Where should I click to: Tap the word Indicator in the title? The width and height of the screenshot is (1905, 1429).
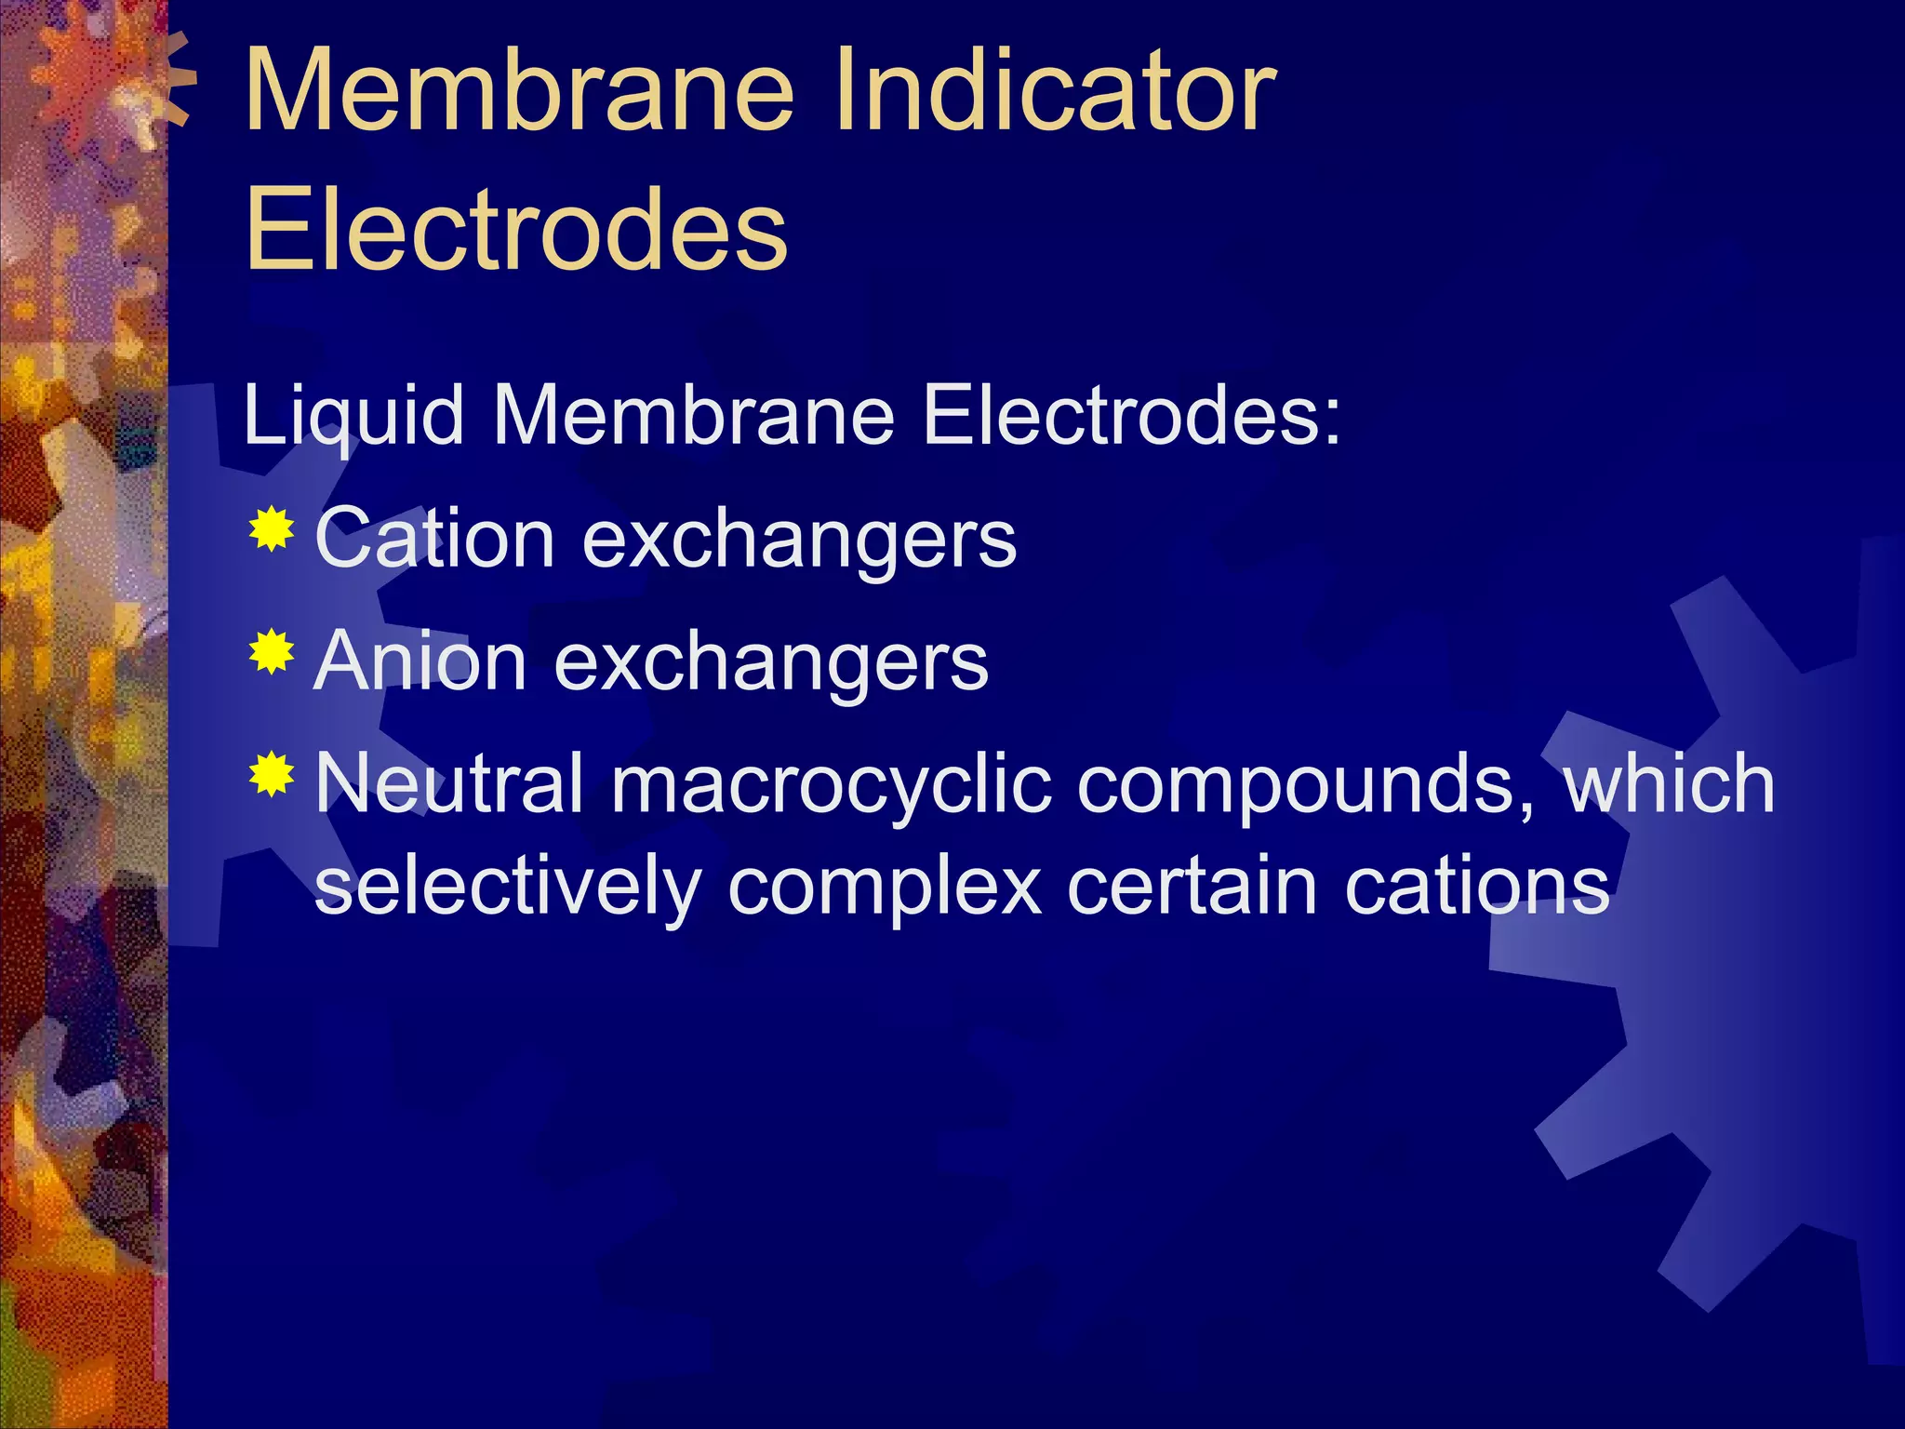pos(1055,90)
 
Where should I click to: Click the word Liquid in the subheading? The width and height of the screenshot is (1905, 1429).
pos(353,416)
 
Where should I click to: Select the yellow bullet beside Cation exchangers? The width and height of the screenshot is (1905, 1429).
pos(272,530)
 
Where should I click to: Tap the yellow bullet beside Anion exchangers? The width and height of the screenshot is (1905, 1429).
pos(272,652)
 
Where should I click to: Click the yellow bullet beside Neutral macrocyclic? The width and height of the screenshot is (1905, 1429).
pos(272,774)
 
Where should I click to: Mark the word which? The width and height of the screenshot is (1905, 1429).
pos(1669,783)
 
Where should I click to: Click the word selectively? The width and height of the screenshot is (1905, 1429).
pos(508,887)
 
